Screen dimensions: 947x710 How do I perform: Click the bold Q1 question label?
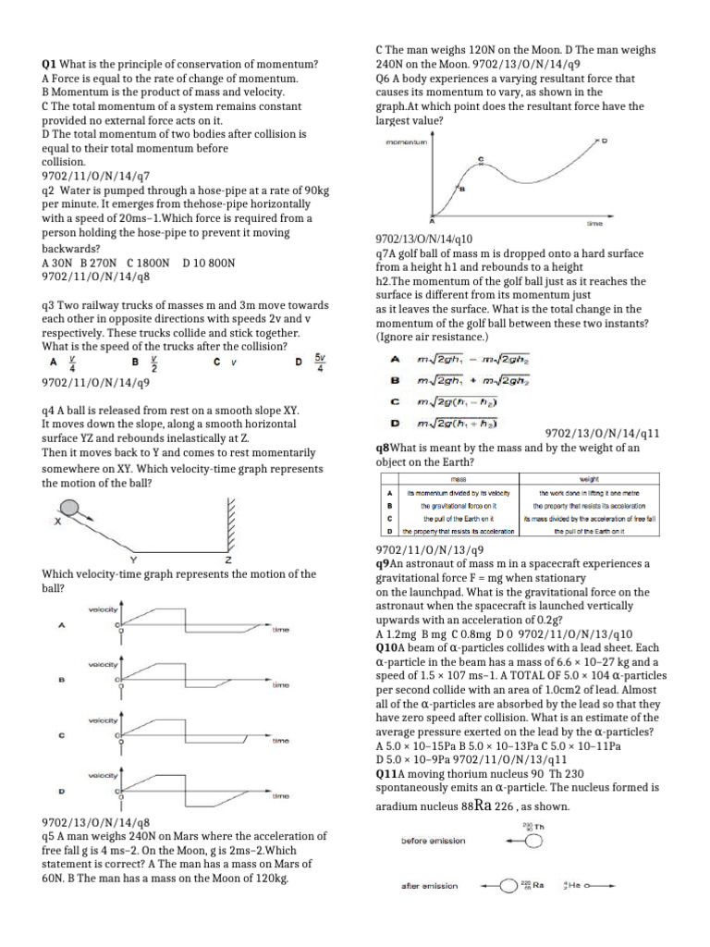(x=50, y=64)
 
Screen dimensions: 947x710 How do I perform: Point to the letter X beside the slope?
(x=57, y=522)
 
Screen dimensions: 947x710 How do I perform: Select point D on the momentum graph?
(x=605, y=142)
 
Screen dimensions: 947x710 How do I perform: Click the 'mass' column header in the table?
(x=458, y=480)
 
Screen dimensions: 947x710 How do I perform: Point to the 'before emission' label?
(x=434, y=841)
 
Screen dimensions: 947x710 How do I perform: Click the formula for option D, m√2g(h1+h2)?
(x=457, y=424)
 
